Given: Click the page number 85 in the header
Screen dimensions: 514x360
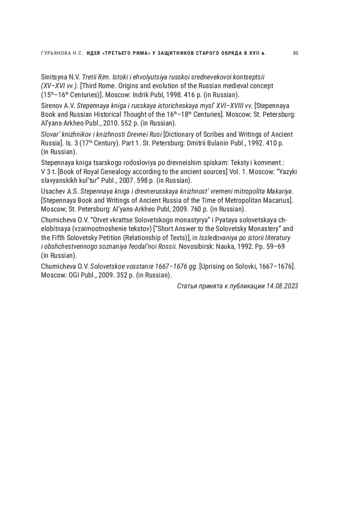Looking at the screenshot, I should pyautogui.click(x=295, y=53).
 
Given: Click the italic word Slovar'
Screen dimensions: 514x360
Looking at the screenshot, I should pyautogui.click(x=50, y=134).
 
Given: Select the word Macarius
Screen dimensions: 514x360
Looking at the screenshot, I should pyautogui.click(x=279, y=200).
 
